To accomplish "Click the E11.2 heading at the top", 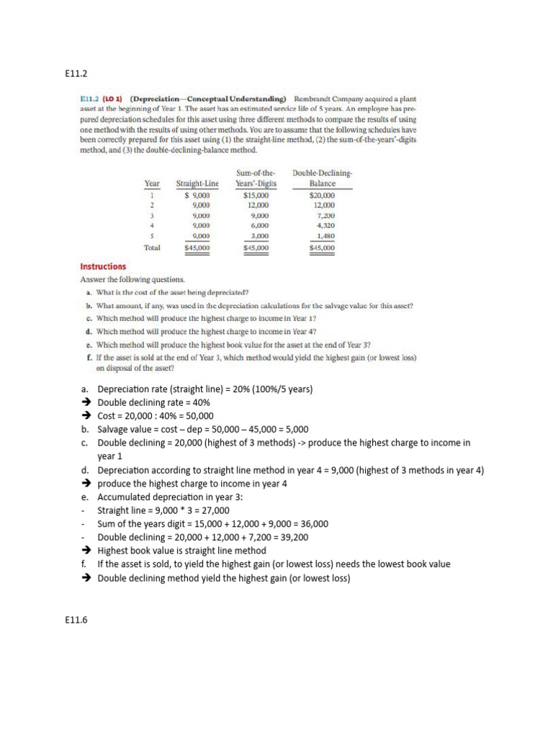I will [76, 73].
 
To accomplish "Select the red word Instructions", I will [103, 266].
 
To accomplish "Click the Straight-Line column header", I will [197, 184].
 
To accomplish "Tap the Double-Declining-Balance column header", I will [322, 178].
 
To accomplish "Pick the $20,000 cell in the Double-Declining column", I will [321, 195].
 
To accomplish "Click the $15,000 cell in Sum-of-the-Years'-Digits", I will [256, 195].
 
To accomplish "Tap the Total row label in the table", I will [152, 248].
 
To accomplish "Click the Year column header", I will [152, 184].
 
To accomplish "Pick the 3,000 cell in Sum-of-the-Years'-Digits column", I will [258, 236].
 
